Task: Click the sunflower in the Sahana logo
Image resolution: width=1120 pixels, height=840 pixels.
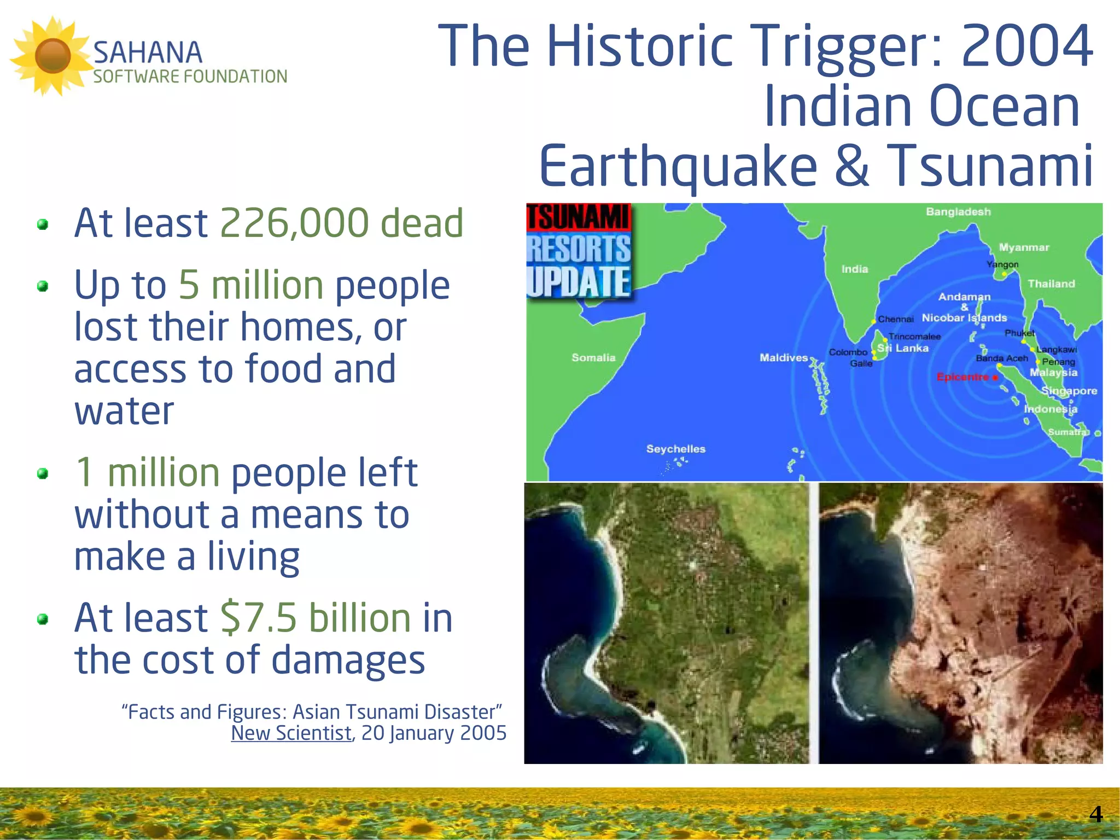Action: (52, 55)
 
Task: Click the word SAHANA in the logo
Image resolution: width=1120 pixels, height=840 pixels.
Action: (148, 53)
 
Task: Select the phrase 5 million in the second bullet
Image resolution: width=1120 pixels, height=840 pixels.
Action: (251, 285)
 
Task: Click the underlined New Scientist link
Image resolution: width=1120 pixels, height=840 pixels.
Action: (291, 733)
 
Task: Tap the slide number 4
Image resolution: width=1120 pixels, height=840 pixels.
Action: (1095, 814)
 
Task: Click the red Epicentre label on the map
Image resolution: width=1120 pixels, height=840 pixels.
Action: (962, 377)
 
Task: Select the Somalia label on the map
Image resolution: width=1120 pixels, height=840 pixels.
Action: (593, 357)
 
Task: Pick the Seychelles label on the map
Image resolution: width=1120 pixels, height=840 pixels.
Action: (676, 449)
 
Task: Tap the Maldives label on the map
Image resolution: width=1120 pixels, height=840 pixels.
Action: (783, 357)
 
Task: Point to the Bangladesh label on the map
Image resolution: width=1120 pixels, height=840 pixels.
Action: (958, 212)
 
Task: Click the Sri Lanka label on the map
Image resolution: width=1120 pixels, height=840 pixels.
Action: (903, 348)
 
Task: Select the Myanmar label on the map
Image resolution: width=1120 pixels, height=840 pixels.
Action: (1024, 247)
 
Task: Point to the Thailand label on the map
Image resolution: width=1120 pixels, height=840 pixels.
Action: (1051, 283)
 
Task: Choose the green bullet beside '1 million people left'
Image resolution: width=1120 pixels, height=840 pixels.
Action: (43, 473)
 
